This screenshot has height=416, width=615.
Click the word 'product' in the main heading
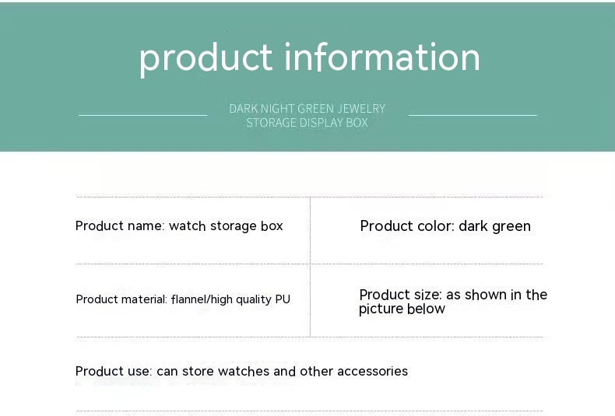[206, 58]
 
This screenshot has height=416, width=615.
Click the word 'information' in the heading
[382, 58]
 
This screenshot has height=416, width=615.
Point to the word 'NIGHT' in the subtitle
[276, 109]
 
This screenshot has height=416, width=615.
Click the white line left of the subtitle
[142, 115]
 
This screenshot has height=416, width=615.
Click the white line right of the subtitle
[473, 115]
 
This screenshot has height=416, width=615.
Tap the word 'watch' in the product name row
[188, 226]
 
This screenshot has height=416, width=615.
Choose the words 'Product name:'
[120, 226]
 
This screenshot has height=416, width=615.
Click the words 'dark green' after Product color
[494, 226]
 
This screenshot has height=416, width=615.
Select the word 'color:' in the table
[434, 226]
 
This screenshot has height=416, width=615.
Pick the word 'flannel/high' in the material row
[201, 299]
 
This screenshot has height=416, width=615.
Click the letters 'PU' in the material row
[283, 299]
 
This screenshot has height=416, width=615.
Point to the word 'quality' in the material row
[253, 300]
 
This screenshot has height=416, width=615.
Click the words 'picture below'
[402, 309]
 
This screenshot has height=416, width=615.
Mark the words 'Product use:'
[114, 372]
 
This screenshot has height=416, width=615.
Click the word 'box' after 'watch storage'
[272, 226]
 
